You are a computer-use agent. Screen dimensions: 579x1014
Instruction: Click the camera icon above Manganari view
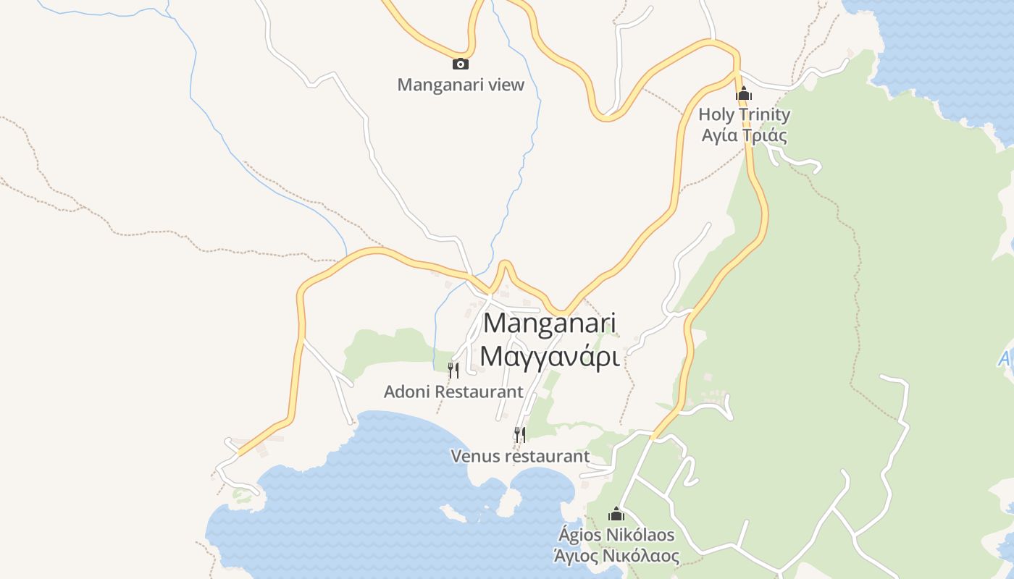pos(460,64)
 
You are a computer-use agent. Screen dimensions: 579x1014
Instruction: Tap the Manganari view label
pos(461,85)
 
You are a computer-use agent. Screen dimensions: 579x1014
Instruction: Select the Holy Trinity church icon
pos(744,94)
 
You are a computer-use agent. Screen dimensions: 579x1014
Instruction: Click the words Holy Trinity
pos(744,114)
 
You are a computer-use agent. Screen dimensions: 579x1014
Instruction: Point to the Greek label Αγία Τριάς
pos(744,135)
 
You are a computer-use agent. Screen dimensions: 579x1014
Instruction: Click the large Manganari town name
pos(549,323)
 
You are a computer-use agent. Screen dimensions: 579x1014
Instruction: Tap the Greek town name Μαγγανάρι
pos(549,356)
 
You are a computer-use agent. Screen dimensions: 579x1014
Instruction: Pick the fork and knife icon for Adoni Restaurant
pos(453,371)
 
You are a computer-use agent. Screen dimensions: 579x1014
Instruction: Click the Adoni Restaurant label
pos(453,392)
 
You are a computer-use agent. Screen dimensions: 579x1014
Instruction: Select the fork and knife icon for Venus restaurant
pos(520,434)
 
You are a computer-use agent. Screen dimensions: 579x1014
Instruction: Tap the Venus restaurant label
pos(520,457)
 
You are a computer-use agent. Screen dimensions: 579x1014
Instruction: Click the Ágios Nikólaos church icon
pos(616,514)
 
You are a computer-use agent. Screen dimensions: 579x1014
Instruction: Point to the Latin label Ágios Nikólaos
pos(616,536)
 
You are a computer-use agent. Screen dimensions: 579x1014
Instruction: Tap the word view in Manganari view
pos(506,85)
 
